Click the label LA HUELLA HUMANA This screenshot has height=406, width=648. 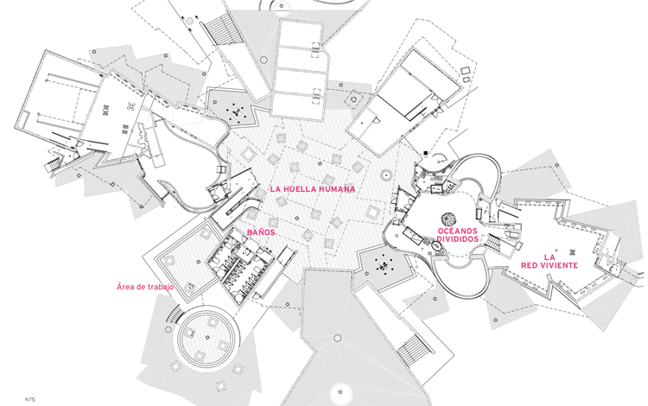pyautogui.click(x=313, y=188)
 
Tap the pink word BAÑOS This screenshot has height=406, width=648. pyautogui.click(x=261, y=232)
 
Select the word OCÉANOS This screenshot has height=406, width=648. pyautogui.click(x=457, y=232)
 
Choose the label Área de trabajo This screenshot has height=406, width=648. pyautogui.click(x=144, y=286)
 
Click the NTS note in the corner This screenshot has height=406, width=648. pyautogui.click(x=30, y=398)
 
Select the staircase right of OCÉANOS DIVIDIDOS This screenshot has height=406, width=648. pyautogui.click(x=496, y=241)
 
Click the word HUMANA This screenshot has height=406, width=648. pyautogui.click(x=338, y=188)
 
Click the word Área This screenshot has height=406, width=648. pyautogui.click(x=124, y=286)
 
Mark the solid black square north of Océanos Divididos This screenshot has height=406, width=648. pyautogui.click(x=425, y=154)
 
